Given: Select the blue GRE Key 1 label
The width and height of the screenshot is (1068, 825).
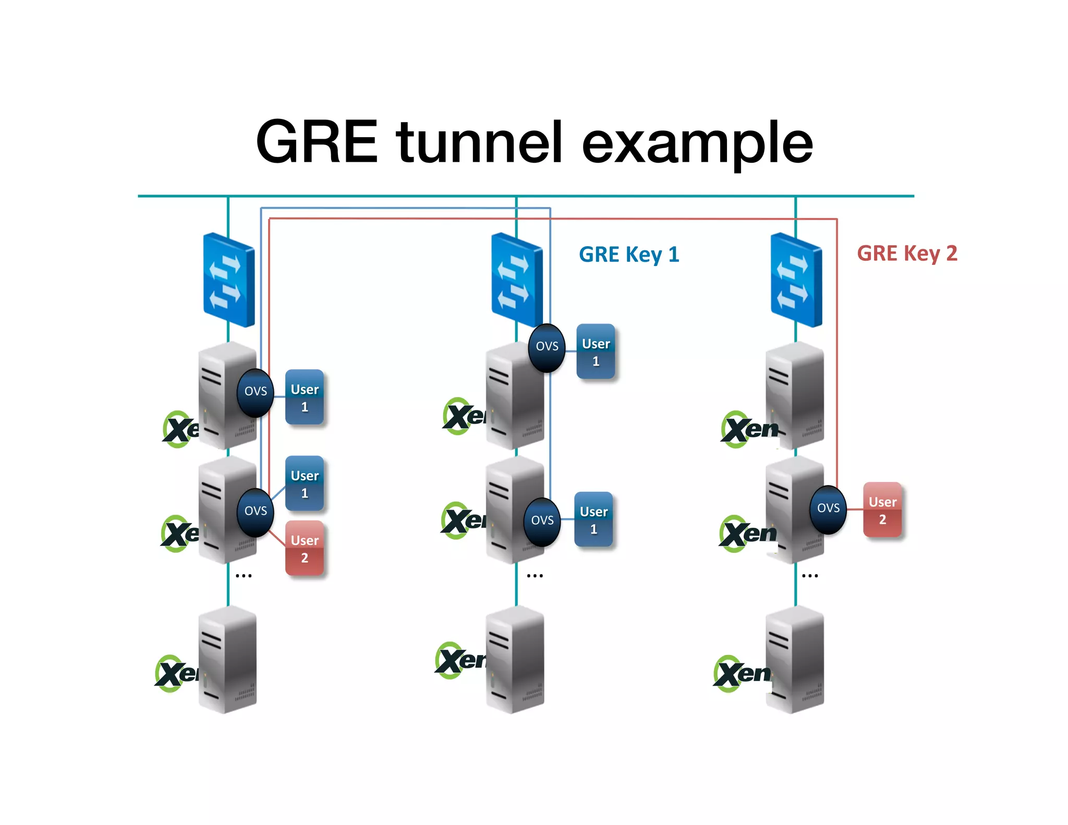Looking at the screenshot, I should click(x=629, y=254).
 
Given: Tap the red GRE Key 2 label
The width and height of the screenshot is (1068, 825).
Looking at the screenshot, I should click(x=907, y=253).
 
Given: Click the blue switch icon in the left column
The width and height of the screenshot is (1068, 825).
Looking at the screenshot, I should click(x=229, y=280).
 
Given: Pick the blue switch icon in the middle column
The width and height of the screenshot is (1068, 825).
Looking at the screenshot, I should click(x=517, y=280).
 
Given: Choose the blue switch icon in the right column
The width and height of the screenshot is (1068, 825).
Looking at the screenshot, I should click(x=796, y=280).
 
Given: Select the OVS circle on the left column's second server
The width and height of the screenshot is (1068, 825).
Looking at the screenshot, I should click(x=256, y=512).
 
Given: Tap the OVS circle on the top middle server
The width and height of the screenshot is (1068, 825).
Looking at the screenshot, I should click(x=547, y=347).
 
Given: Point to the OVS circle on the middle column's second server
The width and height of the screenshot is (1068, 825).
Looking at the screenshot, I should click(x=542, y=521).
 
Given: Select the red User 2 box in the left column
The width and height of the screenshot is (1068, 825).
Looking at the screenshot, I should click(x=305, y=549).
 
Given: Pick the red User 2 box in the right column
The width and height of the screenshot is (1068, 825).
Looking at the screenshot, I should click(x=882, y=510).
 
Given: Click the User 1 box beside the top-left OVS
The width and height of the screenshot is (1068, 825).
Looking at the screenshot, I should click(x=305, y=397).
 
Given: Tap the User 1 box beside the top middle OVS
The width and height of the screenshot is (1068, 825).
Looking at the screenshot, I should click(x=596, y=352).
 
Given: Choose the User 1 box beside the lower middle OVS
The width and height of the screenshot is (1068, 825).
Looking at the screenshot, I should click(x=593, y=520).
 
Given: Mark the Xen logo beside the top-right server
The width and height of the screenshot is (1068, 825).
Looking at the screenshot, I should click(x=750, y=429).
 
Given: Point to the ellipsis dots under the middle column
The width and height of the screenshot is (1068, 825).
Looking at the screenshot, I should click(x=535, y=576).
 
